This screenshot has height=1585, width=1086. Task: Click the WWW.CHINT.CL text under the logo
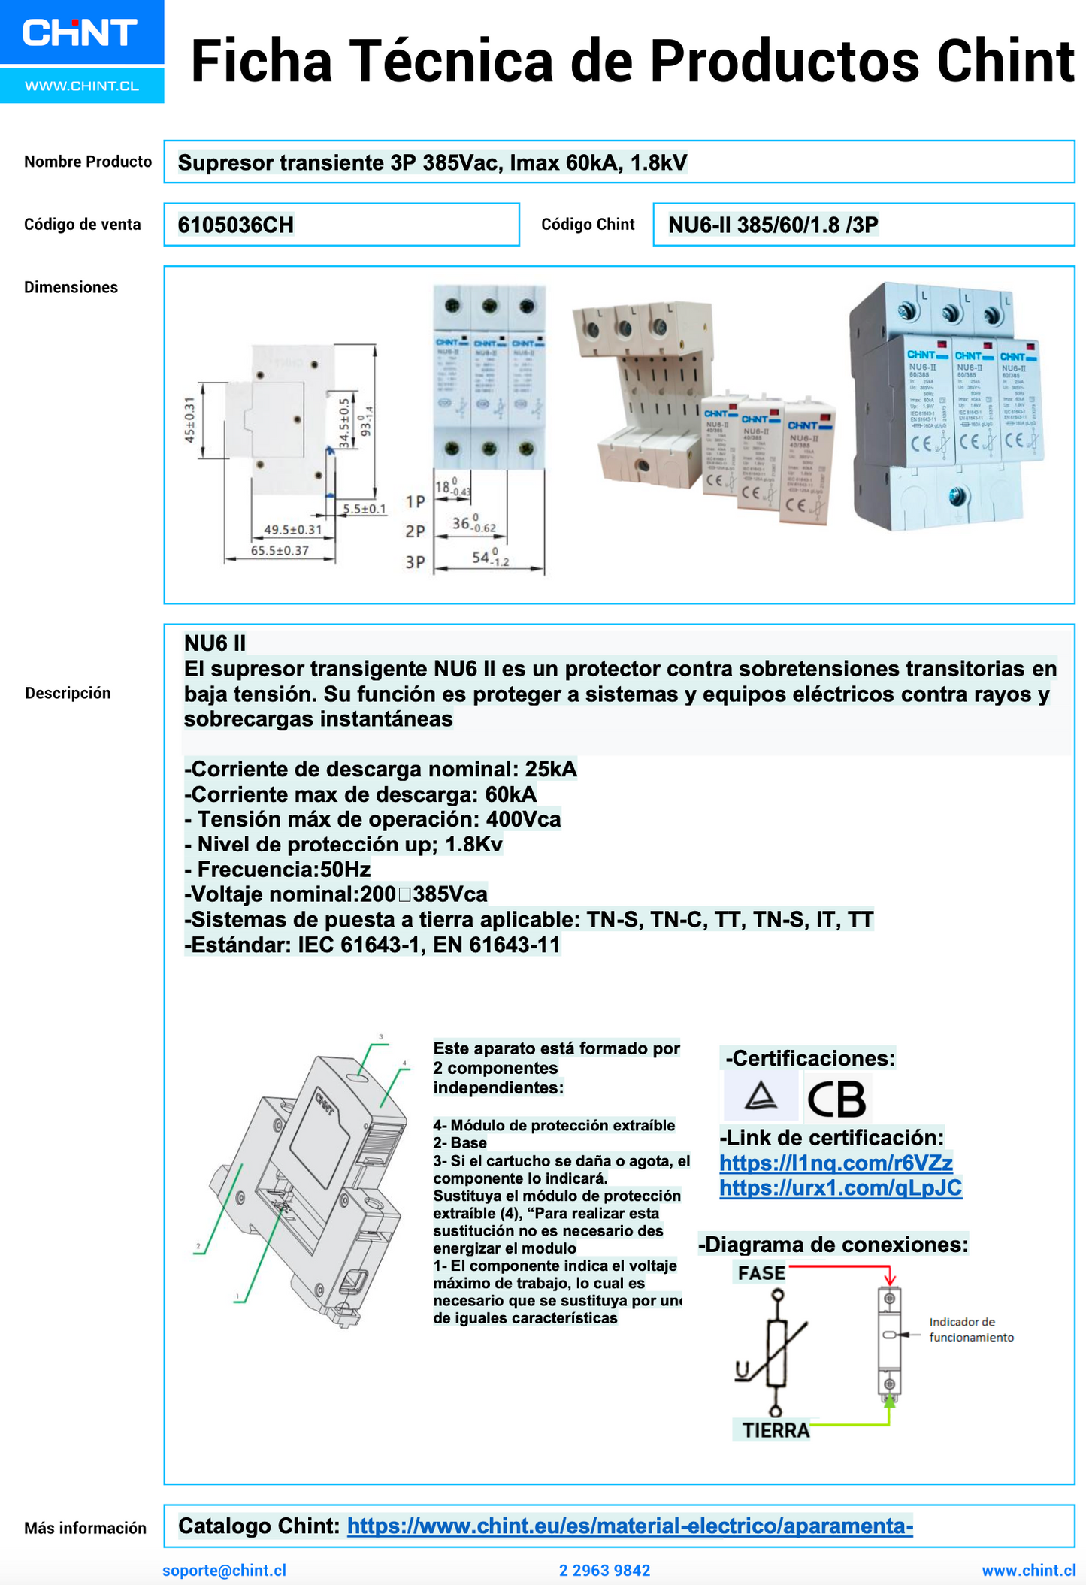click(82, 86)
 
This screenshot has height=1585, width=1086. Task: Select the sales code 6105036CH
click(235, 225)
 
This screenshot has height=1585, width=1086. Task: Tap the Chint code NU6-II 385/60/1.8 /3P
click(773, 225)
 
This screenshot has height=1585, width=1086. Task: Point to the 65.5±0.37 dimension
click(280, 550)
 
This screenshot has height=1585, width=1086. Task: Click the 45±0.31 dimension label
click(190, 419)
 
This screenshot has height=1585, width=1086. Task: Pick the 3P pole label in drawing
click(415, 562)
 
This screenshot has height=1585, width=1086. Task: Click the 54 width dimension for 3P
click(489, 558)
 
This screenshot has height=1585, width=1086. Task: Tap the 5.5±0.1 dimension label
click(365, 509)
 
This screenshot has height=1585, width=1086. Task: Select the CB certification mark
click(836, 1098)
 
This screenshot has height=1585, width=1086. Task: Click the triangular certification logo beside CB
click(760, 1096)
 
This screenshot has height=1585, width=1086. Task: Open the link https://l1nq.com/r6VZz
click(835, 1163)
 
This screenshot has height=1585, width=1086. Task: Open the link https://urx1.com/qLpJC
click(839, 1187)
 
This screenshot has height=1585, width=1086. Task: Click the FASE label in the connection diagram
click(761, 1273)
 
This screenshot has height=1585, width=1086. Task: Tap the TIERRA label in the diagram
click(775, 1430)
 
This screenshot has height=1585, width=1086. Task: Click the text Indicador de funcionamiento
click(970, 1329)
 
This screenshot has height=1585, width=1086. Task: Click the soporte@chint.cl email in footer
click(224, 1570)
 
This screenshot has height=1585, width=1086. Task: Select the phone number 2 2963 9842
click(604, 1570)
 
